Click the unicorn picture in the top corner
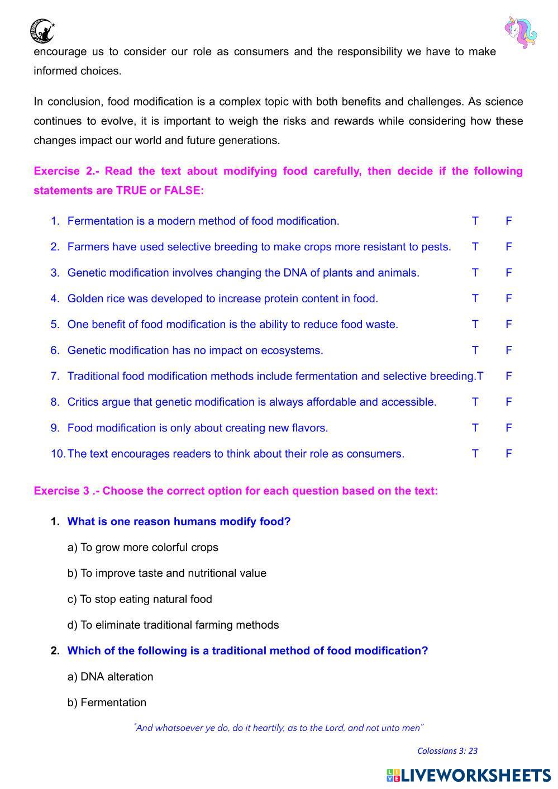520,32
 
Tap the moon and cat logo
42,31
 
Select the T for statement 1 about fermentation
475,221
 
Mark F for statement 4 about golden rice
508,299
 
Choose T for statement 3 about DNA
475,273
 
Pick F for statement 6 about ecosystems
508,351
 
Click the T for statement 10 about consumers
475,454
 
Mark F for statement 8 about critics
508,402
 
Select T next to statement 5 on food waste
475,325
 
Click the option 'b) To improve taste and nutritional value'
166,573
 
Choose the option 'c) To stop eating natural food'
140,600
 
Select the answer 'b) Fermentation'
107,703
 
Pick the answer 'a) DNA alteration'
110,677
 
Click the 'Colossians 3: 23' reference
447,751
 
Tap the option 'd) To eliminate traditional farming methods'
173,625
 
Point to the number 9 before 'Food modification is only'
55,429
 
